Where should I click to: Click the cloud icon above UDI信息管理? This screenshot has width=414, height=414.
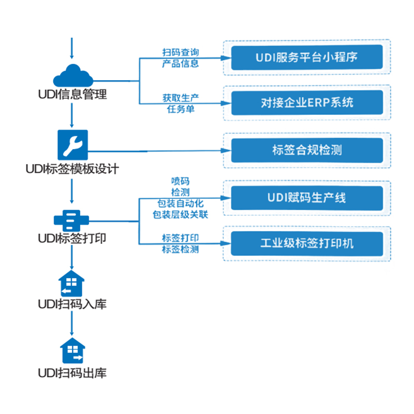pyautogui.click(x=72, y=76)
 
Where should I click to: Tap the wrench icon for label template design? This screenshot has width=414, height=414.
pyautogui.click(x=72, y=145)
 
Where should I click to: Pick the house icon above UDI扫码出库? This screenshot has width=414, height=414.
pyautogui.click(x=72, y=351)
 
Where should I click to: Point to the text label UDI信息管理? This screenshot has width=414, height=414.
pyautogui.click(x=72, y=95)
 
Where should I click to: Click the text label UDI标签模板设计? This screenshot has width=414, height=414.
pyautogui.click(x=72, y=169)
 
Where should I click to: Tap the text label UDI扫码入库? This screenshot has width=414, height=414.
pyautogui.click(x=72, y=304)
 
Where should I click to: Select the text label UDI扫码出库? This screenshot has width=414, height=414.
pyautogui.click(x=72, y=373)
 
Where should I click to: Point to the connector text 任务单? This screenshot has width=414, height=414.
pyautogui.click(x=180, y=109)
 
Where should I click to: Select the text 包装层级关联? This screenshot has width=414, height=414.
pyautogui.click(x=180, y=214)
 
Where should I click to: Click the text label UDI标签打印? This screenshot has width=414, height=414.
pyautogui.click(x=72, y=239)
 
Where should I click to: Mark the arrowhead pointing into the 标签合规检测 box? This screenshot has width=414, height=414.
pyautogui.click(x=225, y=151)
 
